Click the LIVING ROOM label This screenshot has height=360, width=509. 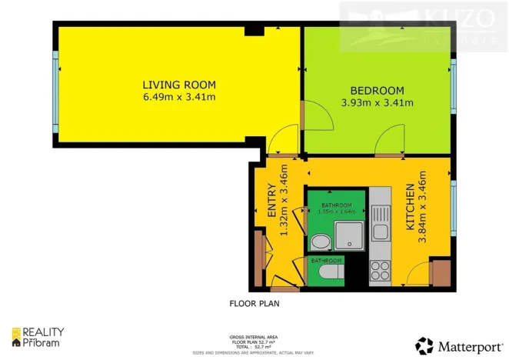point(178,85)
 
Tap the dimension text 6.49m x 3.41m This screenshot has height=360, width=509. point(178,97)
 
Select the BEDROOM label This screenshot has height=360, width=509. point(377,89)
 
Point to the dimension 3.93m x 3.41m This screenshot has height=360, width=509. point(377,102)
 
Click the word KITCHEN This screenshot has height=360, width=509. point(411,208)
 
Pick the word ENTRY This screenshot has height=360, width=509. point(271,201)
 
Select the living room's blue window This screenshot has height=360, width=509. point(55,92)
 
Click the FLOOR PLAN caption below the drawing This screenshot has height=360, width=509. point(254,303)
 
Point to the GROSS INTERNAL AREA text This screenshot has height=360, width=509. point(254,337)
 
